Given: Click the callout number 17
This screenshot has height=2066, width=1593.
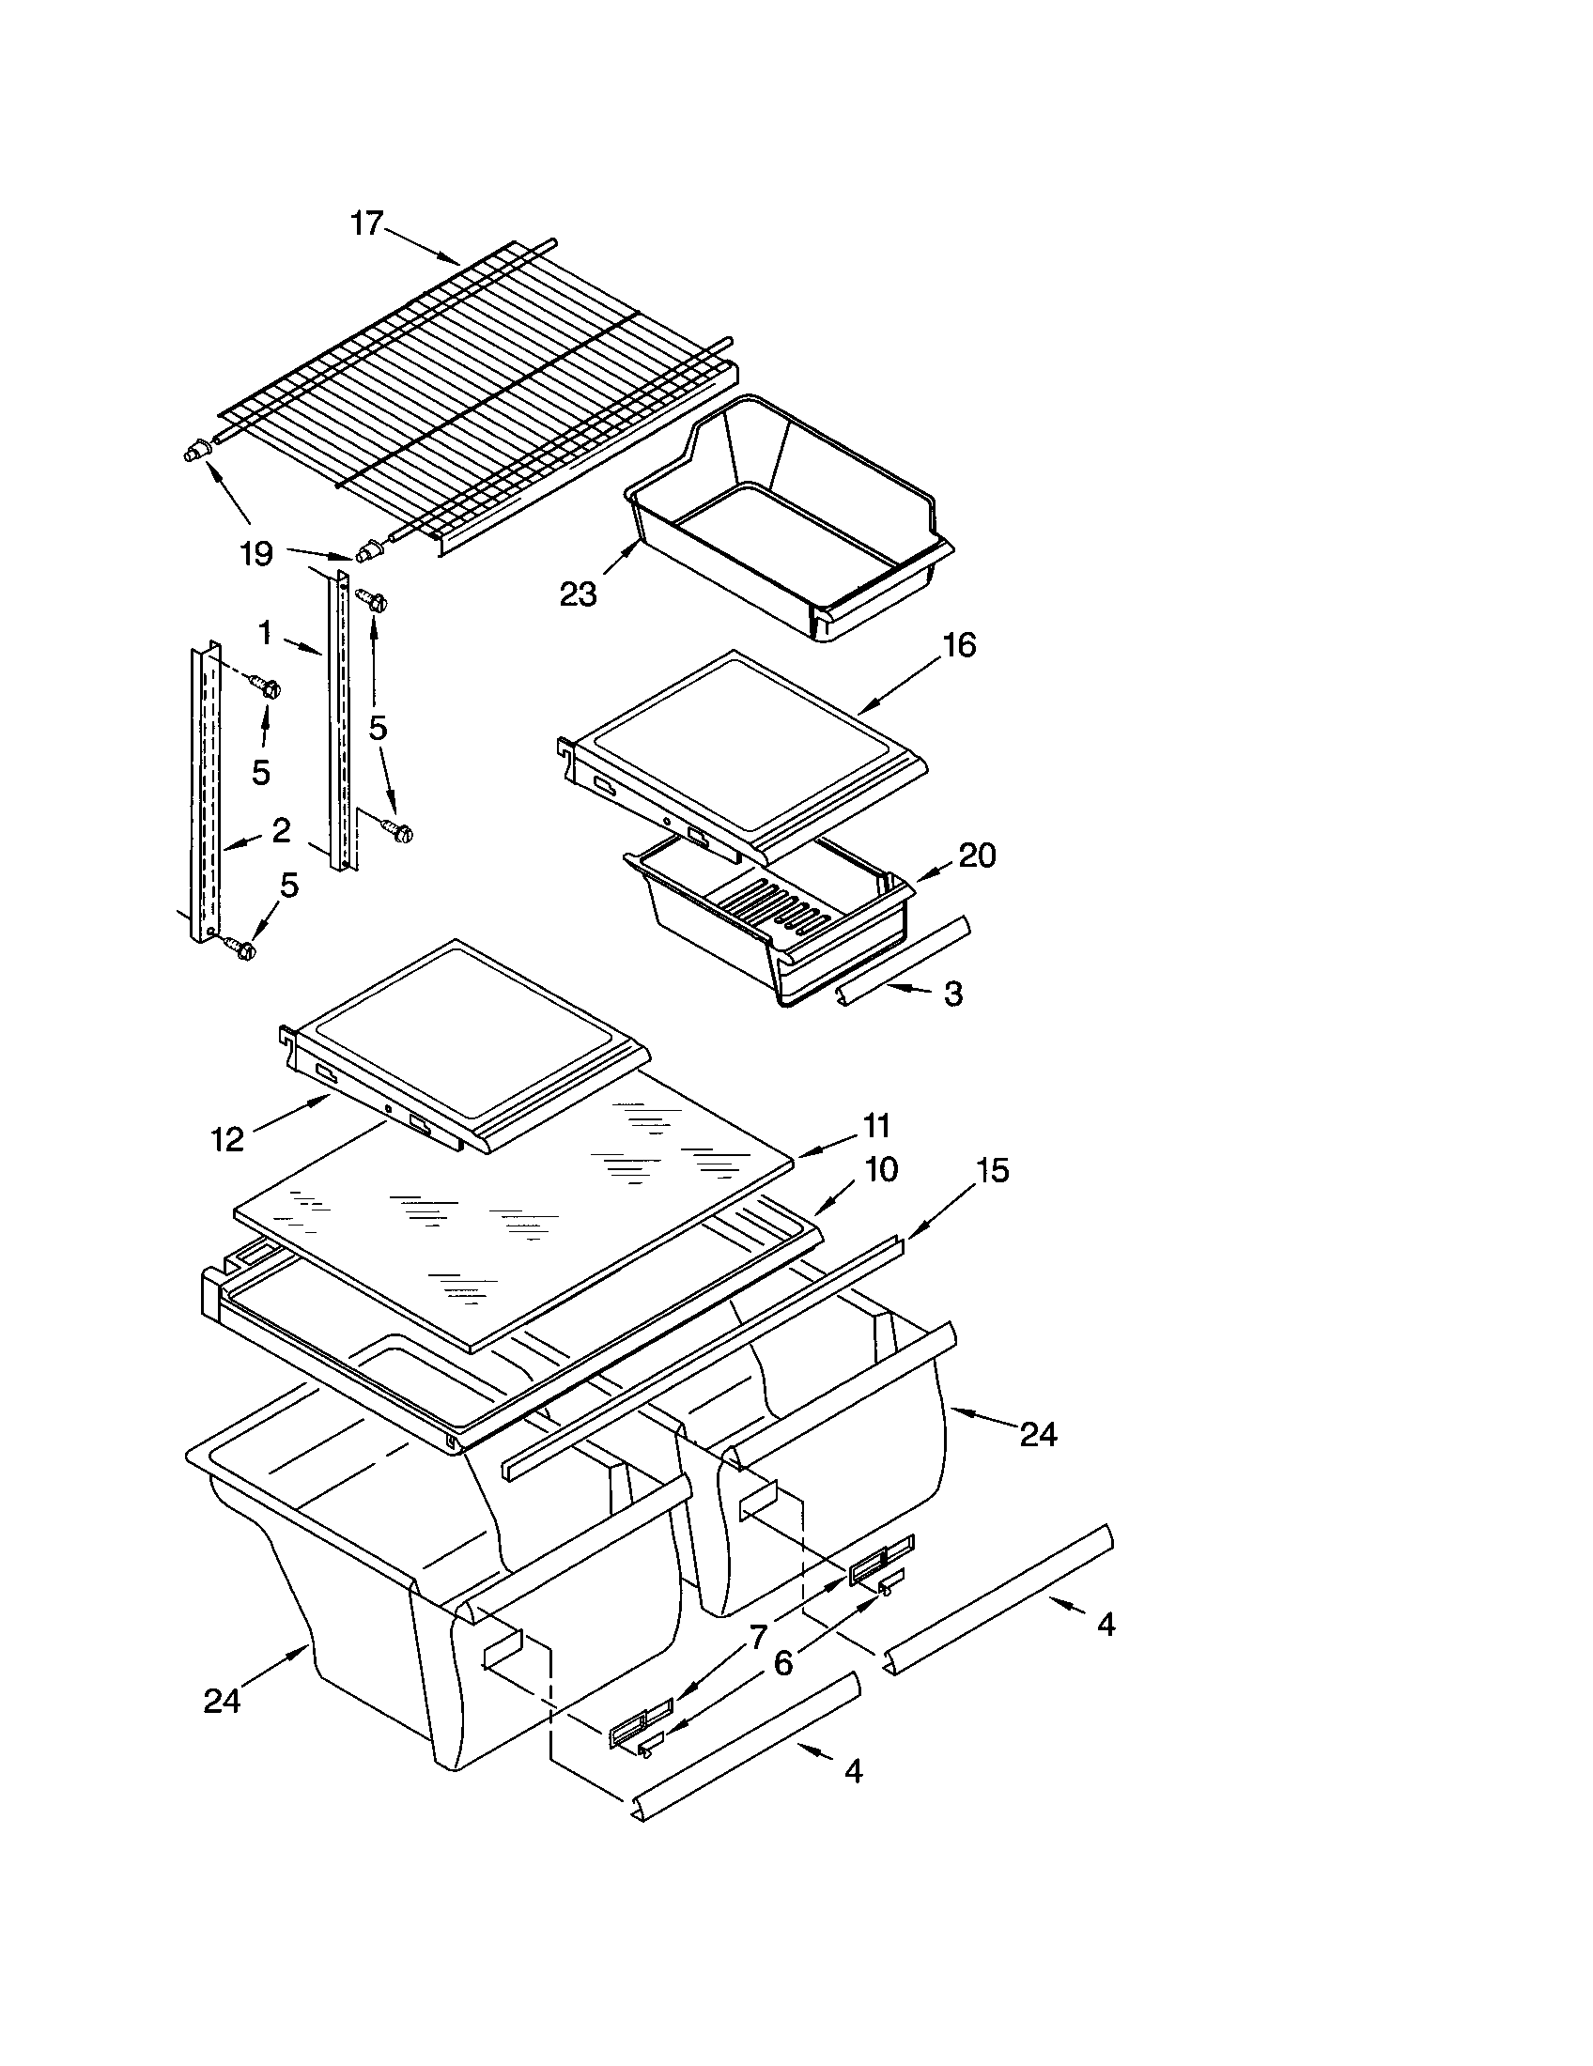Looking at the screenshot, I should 366,224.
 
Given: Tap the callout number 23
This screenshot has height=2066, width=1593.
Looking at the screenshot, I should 578,594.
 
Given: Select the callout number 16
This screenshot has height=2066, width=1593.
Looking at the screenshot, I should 958,645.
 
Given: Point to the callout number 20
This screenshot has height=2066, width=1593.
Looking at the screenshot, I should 977,856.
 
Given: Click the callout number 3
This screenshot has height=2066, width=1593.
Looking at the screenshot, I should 952,994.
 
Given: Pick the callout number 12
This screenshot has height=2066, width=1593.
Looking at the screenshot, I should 227,1139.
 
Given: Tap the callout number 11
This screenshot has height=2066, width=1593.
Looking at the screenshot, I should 876,1125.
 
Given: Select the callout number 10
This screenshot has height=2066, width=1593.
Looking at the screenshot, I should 880,1169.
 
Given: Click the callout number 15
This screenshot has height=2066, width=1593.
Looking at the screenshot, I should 992,1170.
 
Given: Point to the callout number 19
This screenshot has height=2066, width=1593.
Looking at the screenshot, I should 256,553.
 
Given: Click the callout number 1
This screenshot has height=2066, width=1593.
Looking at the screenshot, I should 266,633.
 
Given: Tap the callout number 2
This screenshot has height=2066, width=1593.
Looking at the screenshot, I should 280,830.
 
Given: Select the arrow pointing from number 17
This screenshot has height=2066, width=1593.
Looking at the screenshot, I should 421,245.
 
